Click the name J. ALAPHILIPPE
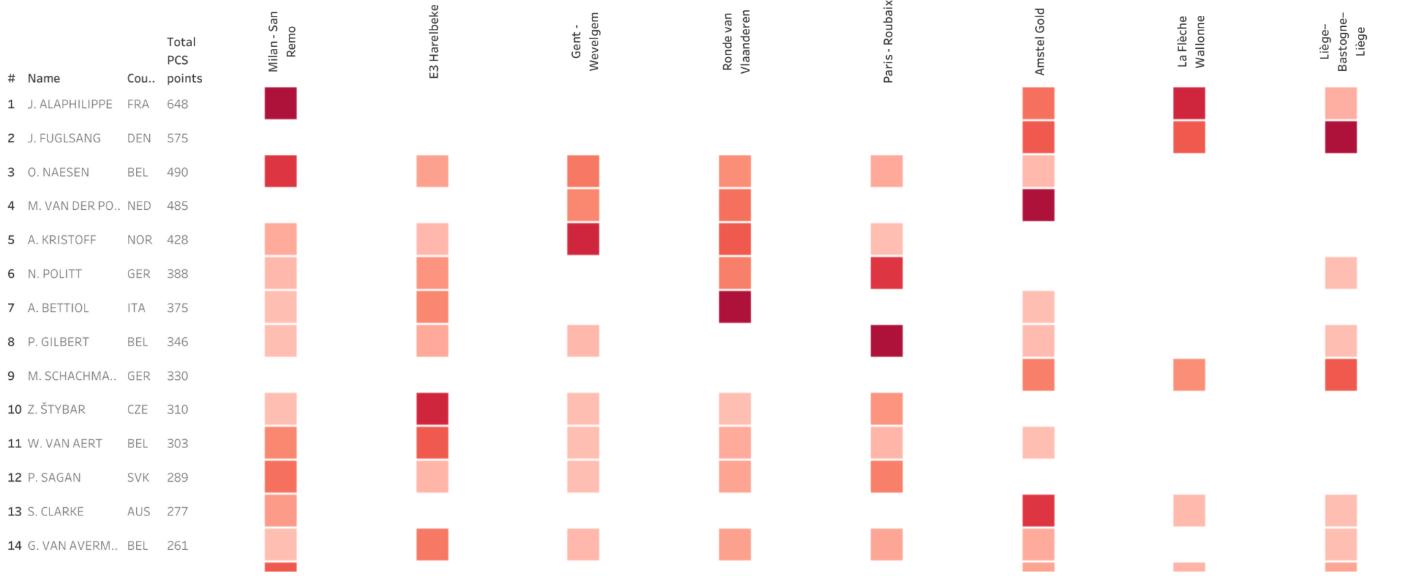pyautogui.click(x=69, y=104)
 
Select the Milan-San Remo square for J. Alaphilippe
pyautogui.click(x=280, y=103)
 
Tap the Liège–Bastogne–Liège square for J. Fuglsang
pyautogui.click(x=1340, y=137)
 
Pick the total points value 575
pyautogui.click(x=177, y=138)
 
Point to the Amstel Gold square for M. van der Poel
pyautogui.click(x=1037, y=205)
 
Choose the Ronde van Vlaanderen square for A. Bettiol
pyautogui.click(x=734, y=307)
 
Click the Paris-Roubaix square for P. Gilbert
pyautogui.click(x=886, y=341)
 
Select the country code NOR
pyautogui.click(x=140, y=239)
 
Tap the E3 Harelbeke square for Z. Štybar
pyautogui.click(x=432, y=409)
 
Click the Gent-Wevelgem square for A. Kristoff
pyautogui.click(x=583, y=239)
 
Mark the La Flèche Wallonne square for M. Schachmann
pyautogui.click(x=1189, y=375)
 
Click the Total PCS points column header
pyautogui.click(x=184, y=61)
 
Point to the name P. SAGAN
pyautogui.click(x=54, y=478)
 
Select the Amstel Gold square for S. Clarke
pyautogui.click(x=1037, y=511)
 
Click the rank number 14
pyautogui.click(x=14, y=546)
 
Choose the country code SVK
pyautogui.click(x=138, y=478)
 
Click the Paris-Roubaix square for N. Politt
pyautogui.click(x=886, y=273)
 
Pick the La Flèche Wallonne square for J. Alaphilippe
pyautogui.click(x=1189, y=103)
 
